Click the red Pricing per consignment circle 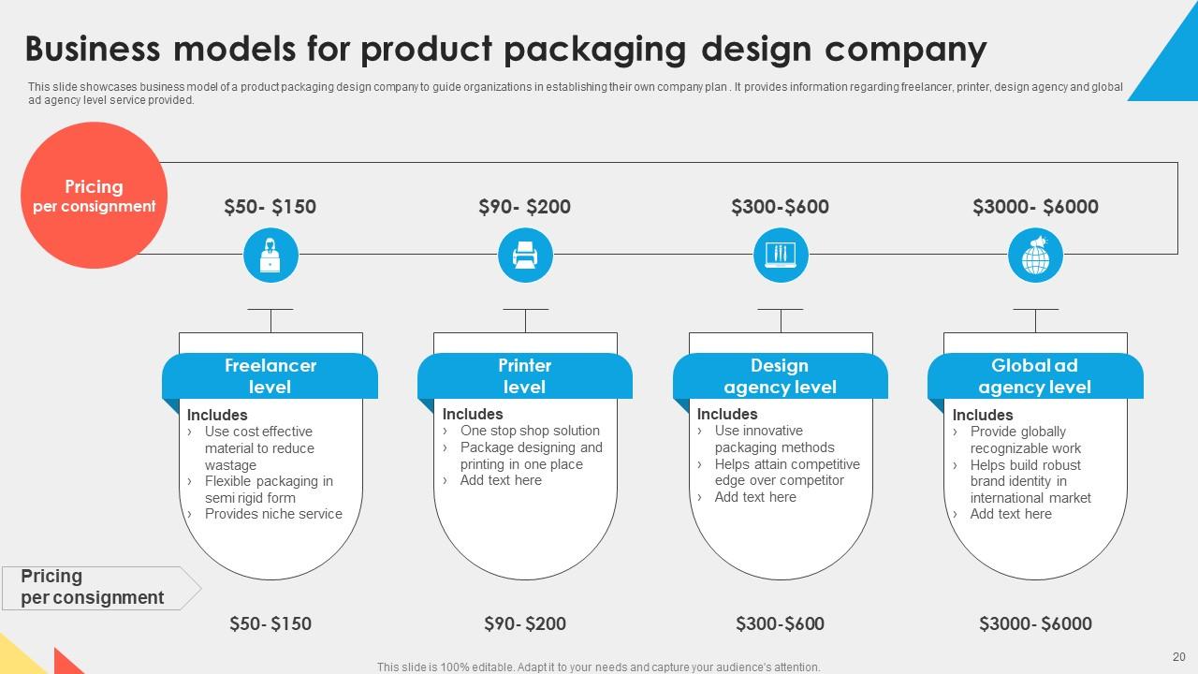click(x=94, y=196)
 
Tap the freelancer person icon click(x=270, y=256)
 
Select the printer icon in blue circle click(x=525, y=256)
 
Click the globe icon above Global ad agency click(x=1035, y=256)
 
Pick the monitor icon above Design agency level click(x=780, y=256)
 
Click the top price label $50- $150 click(x=270, y=207)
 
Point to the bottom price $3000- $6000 click(x=1035, y=623)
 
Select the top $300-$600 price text click(x=780, y=207)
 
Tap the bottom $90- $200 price click(x=525, y=623)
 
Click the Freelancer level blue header click(x=270, y=376)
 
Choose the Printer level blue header click(x=524, y=376)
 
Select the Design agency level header click(x=780, y=376)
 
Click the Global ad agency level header click(x=1034, y=376)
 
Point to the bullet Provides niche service click(x=273, y=514)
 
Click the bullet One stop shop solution click(x=530, y=431)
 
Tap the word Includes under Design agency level click(x=727, y=414)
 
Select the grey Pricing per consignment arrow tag click(x=98, y=587)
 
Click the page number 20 click(x=1178, y=657)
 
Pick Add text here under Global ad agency click(x=1011, y=514)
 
